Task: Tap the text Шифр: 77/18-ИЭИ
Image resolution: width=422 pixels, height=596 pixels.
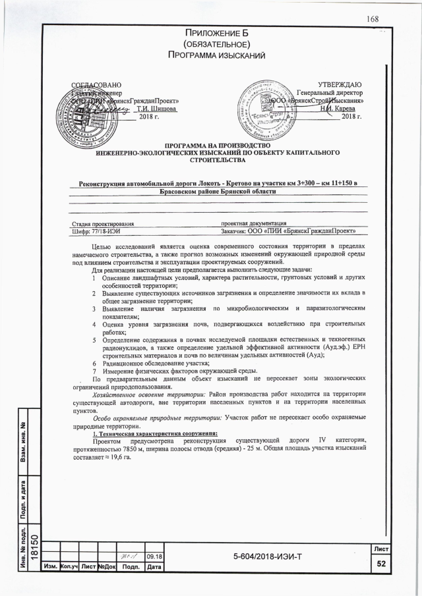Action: point(96,231)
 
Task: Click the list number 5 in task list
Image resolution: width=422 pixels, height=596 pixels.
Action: point(95,340)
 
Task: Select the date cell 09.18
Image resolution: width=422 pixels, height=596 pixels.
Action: point(154,556)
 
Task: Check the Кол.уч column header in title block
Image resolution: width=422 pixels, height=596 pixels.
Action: point(69,566)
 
